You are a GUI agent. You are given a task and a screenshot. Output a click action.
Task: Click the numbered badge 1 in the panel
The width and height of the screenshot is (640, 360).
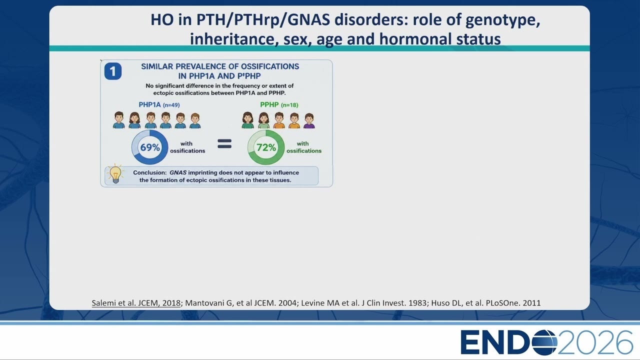[113, 71]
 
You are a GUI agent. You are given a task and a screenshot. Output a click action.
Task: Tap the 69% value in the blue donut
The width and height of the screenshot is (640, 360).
[150, 147]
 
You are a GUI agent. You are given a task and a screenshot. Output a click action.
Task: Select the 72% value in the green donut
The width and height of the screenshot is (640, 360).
[266, 147]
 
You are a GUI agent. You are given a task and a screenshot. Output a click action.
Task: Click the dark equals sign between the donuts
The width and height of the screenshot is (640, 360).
[224, 143]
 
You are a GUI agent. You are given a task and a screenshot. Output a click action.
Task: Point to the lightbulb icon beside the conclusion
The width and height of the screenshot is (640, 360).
[115, 173]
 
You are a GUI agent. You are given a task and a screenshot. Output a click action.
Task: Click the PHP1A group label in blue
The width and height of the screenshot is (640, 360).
[149, 104]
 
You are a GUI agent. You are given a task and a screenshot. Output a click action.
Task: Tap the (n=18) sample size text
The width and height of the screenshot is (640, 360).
[289, 105]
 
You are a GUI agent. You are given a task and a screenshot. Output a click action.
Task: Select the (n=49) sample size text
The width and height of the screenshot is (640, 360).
[171, 105]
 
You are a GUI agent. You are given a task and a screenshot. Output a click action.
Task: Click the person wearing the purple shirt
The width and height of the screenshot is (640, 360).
[309, 121]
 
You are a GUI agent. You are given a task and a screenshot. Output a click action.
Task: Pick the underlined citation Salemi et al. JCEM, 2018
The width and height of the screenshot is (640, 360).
[136, 303]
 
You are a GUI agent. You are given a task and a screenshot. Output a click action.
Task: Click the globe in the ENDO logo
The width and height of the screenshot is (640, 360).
[544, 342]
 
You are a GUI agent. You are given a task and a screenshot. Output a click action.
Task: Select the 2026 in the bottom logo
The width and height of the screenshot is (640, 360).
[595, 342]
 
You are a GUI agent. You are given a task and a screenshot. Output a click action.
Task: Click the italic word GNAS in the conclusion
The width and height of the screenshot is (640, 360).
[178, 172]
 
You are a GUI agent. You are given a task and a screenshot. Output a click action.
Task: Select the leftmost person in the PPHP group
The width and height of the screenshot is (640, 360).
[247, 120]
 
